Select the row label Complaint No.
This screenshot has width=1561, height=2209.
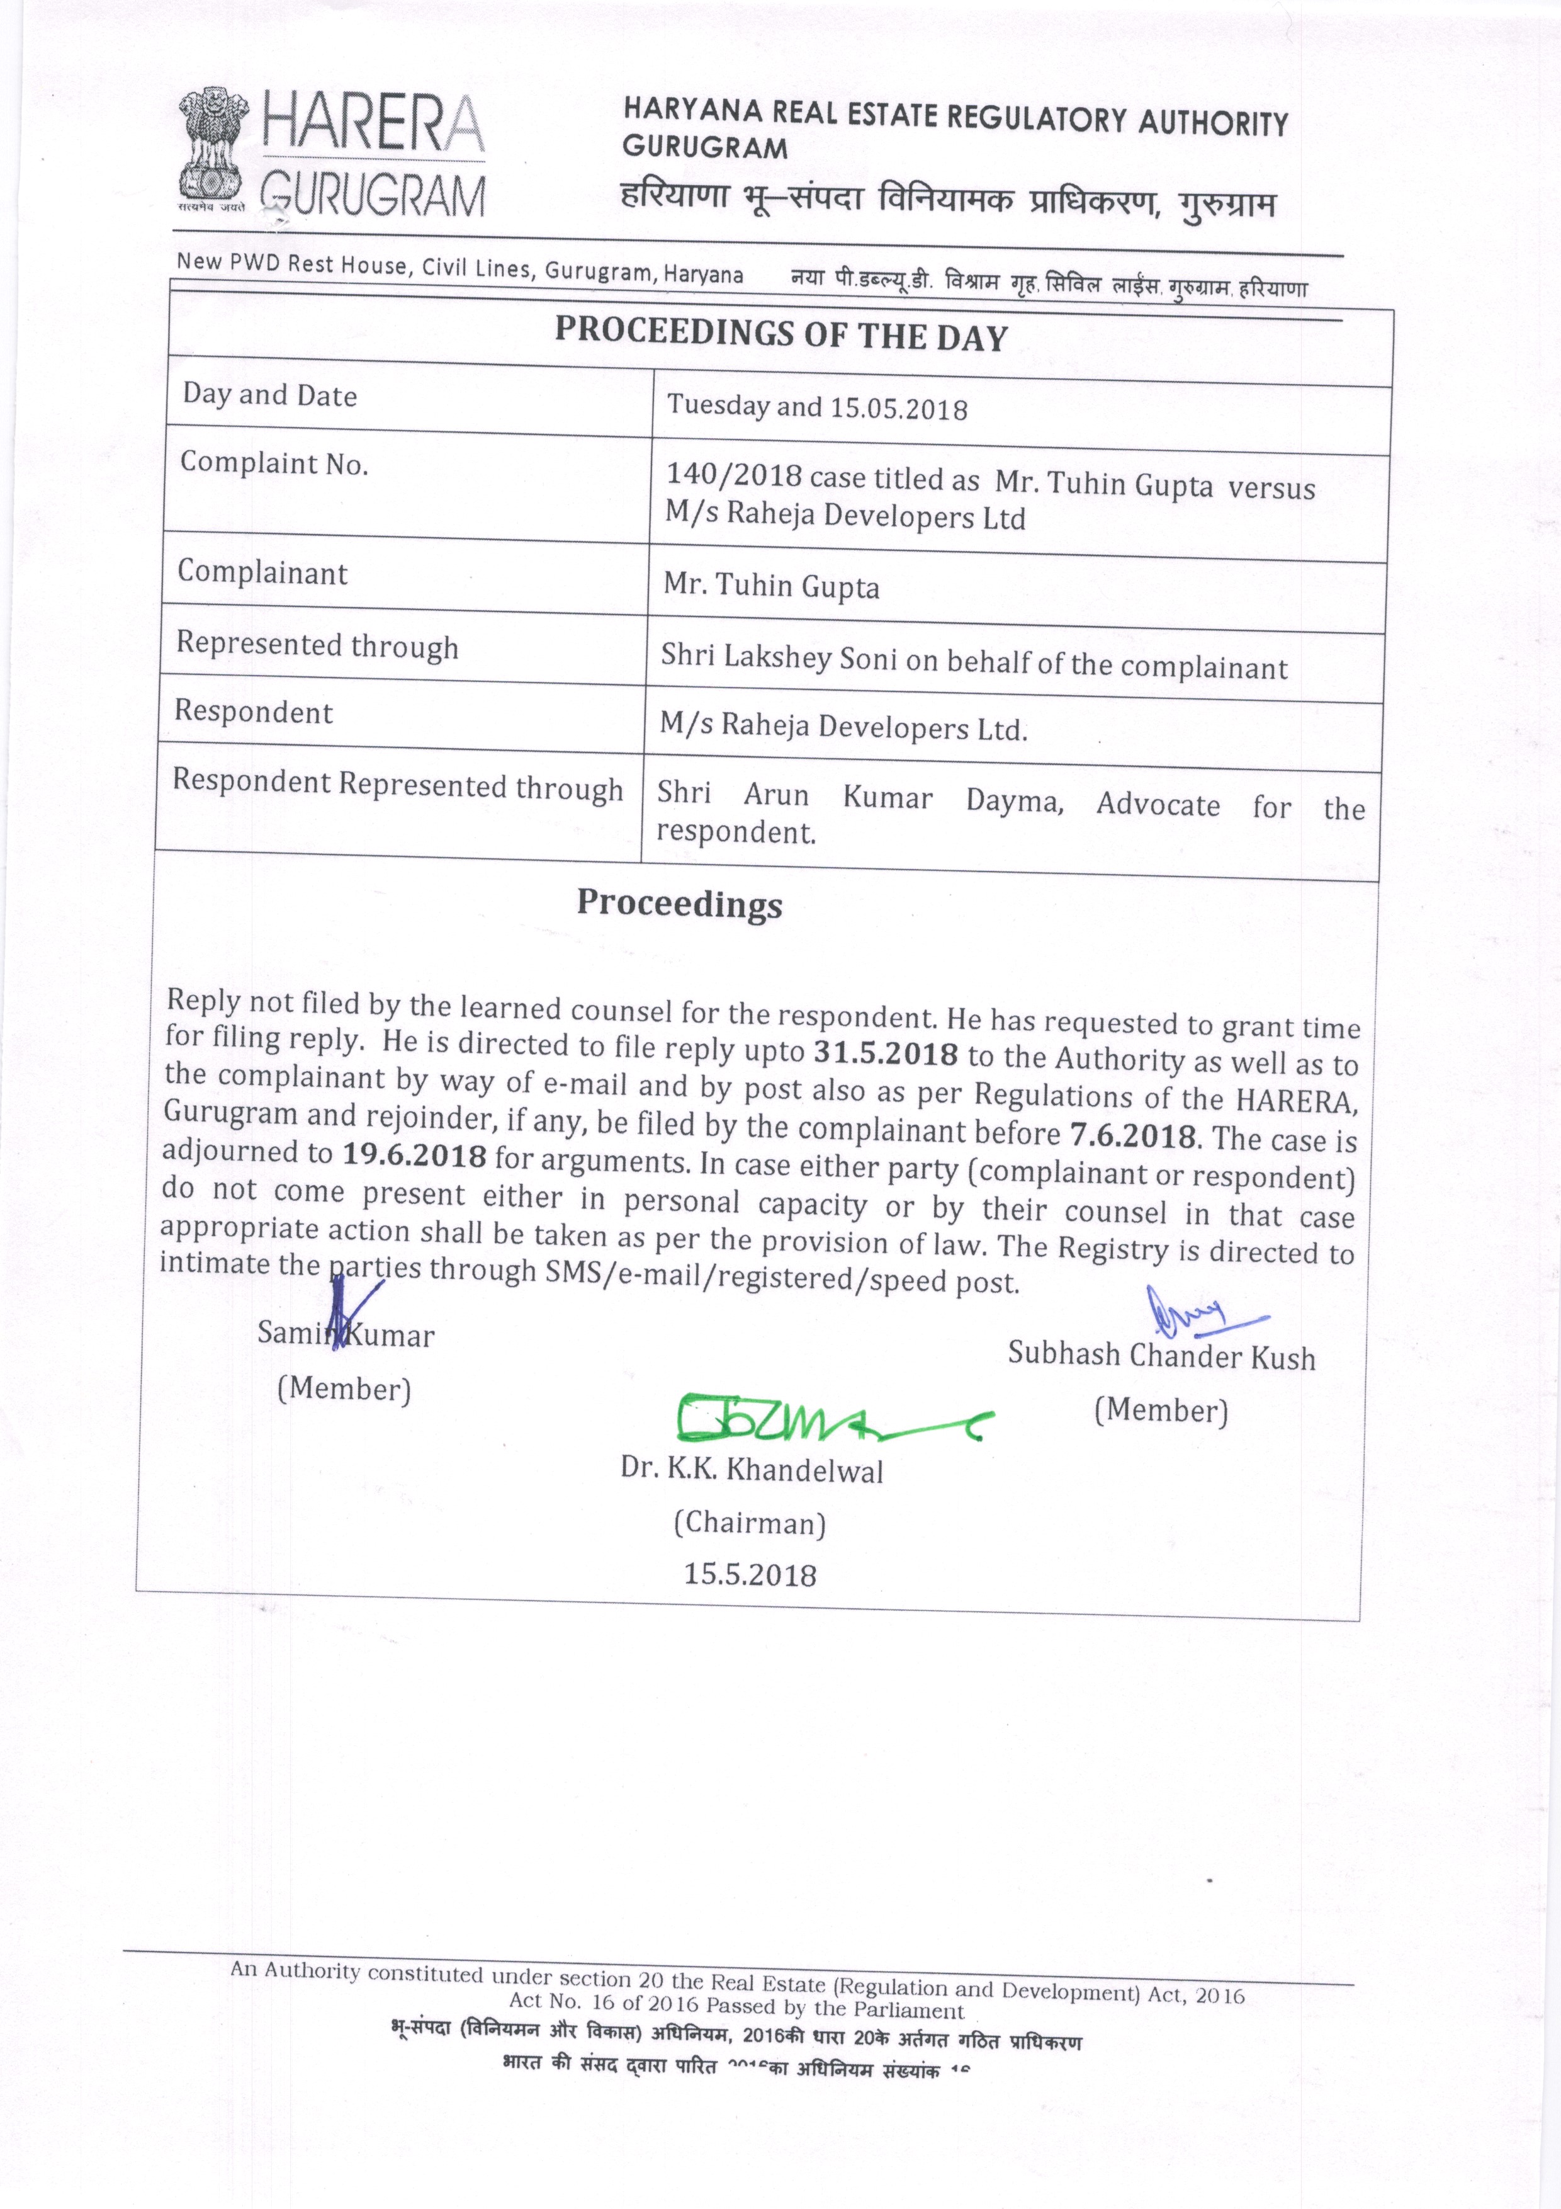pos(274,463)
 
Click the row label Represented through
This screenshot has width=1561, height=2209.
pos(317,645)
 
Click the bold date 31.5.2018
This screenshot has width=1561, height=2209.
pos(885,1052)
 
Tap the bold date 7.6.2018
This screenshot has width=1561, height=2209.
pos(1133,1135)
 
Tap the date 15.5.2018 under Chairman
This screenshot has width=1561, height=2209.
pos(749,1575)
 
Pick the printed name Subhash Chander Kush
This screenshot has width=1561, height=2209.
pos(1161,1356)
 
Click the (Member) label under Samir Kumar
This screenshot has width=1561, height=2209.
pos(344,1388)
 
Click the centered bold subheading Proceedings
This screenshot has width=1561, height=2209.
pos(679,904)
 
